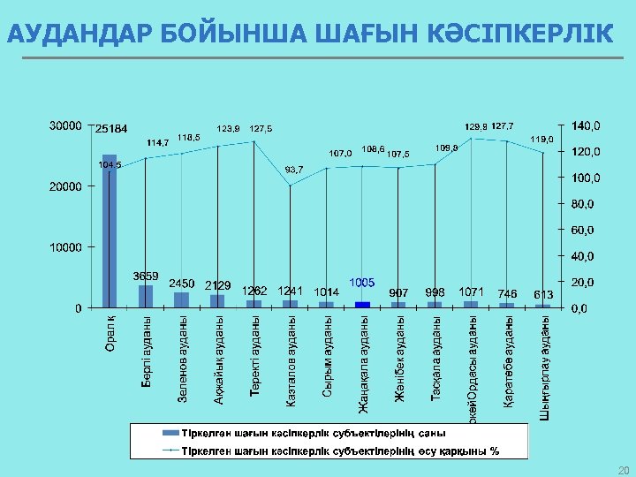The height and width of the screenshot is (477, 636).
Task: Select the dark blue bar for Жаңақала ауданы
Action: click(x=362, y=304)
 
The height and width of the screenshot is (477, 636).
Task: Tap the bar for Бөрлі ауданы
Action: click(x=146, y=296)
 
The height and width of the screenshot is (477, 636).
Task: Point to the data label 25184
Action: click(x=112, y=129)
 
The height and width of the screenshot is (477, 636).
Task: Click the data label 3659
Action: click(x=146, y=276)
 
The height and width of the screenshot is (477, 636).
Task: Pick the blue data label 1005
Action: click(x=362, y=282)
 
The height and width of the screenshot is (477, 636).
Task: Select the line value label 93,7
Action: click(x=294, y=169)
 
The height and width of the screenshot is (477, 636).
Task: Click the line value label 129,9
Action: click(x=476, y=126)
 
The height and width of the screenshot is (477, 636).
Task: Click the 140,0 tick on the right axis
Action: click(x=584, y=125)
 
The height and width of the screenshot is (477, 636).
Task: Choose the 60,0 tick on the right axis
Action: click(x=582, y=231)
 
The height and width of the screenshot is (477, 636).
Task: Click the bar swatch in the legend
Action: click(x=168, y=434)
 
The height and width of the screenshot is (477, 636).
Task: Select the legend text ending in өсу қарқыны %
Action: click(x=339, y=450)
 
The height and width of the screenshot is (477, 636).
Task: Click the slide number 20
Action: click(x=624, y=469)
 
